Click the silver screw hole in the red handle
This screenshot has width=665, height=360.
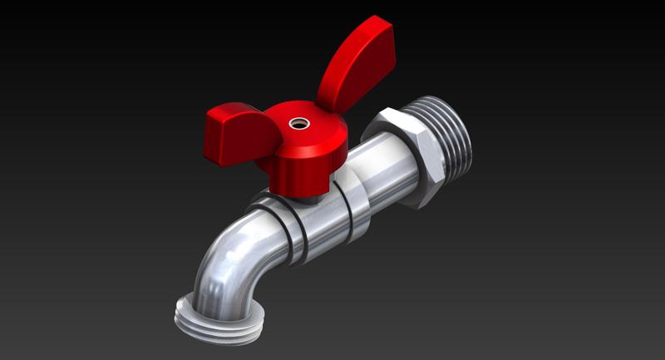(x=297, y=124)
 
